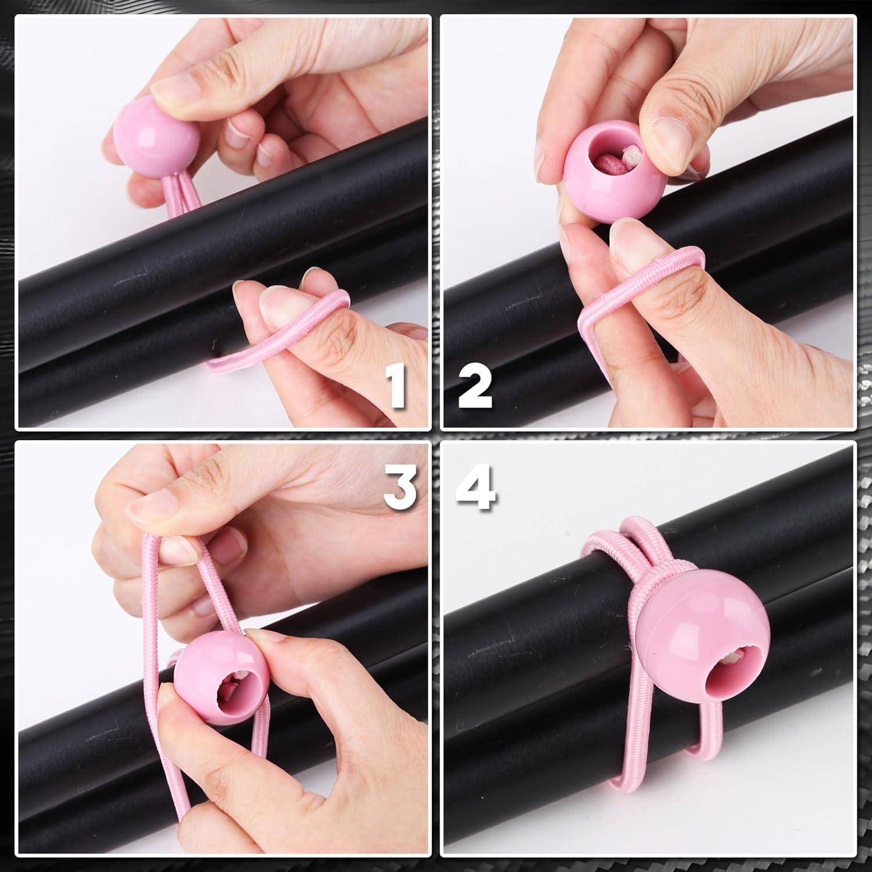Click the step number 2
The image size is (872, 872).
(x=474, y=383)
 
